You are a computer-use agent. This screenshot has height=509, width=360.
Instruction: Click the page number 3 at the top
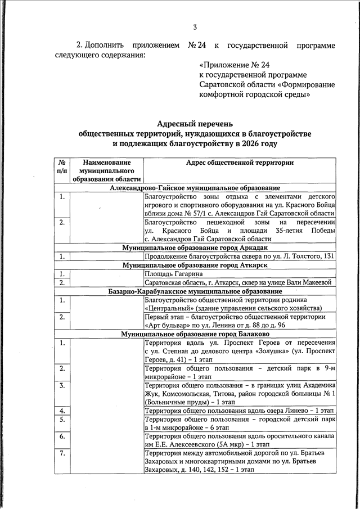pos(195,27)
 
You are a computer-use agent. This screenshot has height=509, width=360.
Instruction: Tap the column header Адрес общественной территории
pos(240,162)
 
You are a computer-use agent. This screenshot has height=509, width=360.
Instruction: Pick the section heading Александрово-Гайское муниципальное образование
pos(195,188)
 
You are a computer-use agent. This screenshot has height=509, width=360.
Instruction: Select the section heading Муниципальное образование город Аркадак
pos(195,247)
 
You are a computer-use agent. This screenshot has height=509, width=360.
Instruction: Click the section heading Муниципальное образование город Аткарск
pos(195,265)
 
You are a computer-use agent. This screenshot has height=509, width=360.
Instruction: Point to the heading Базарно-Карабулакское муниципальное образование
pos(195,291)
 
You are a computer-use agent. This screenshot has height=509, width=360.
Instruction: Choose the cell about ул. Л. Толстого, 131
pos(240,256)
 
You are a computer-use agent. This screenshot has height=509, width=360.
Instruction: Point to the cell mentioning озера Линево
pos(240,411)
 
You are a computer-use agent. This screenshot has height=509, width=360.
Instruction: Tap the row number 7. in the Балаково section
pos(62,453)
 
